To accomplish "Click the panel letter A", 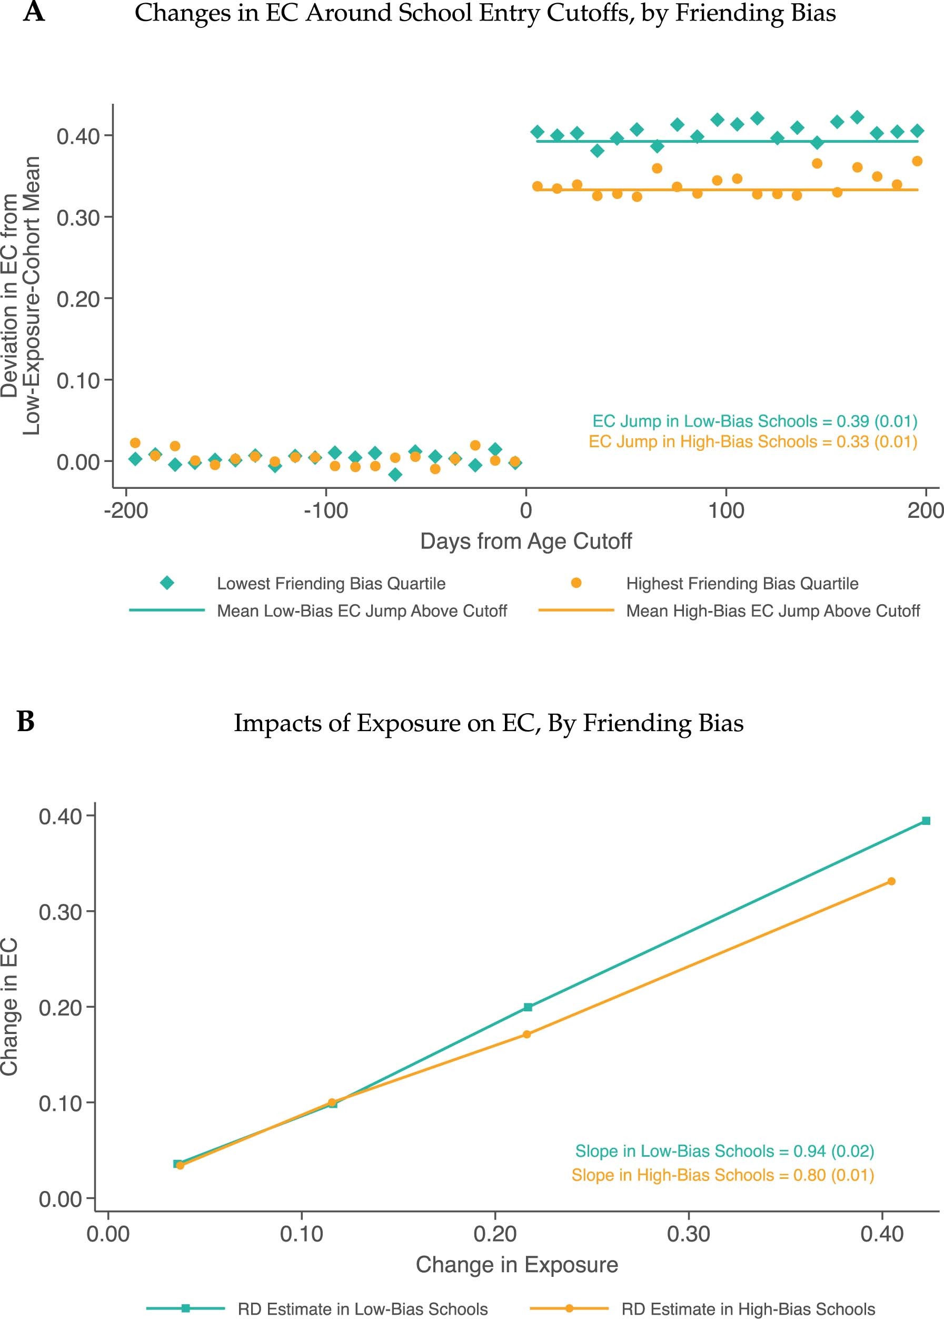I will tap(34, 12).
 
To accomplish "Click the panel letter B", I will tap(26, 722).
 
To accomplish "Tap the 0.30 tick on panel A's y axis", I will tap(78, 218).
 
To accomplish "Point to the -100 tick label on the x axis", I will tap(325, 510).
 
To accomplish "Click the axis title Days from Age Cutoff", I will tap(525, 542).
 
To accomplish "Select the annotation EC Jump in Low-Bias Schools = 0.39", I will tap(754, 421).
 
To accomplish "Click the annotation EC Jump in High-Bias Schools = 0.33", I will tap(752, 441).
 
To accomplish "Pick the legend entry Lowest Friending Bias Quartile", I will tap(331, 583).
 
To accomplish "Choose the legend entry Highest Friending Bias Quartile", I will tap(742, 583).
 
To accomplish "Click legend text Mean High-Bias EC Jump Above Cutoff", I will tap(772, 611).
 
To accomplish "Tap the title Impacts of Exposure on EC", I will tap(488, 723).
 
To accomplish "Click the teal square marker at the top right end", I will tap(926, 821).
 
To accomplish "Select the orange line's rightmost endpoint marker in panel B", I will tap(891, 881).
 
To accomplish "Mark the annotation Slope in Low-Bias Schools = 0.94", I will tap(724, 1151).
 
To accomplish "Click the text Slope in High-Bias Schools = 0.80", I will tap(722, 1175).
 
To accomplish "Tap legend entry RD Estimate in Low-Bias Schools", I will tap(362, 1309).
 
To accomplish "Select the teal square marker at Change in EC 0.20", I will tap(528, 1007).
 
